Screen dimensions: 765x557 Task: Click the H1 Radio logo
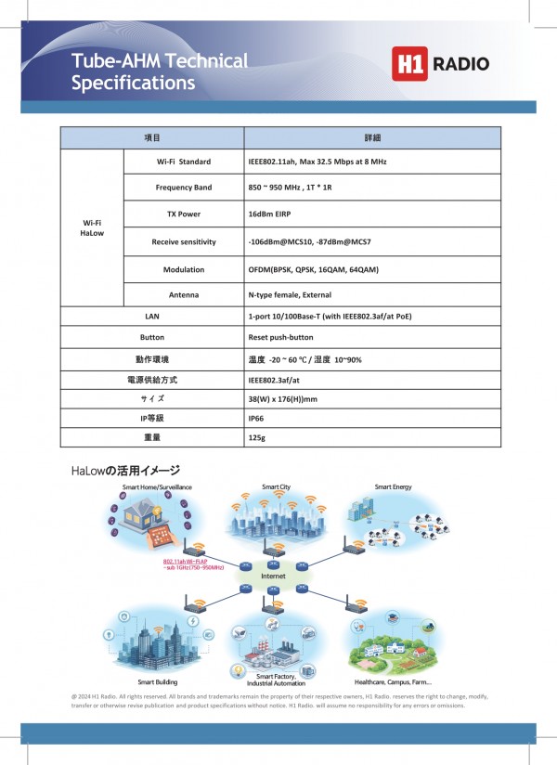(441, 64)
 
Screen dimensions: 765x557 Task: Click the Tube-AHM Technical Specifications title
(160, 71)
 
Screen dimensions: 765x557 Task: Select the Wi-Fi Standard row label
(183, 162)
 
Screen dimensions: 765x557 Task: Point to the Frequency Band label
(183, 188)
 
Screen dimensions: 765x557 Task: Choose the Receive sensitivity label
(183, 241)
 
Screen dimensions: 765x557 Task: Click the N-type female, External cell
(290, 295)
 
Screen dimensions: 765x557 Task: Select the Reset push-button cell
(280, 337)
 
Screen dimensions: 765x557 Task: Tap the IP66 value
(257, 419)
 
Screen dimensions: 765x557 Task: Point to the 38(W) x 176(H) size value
(283, 398)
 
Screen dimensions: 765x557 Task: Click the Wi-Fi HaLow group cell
(92, 228)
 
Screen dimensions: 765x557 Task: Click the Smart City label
(276, 486)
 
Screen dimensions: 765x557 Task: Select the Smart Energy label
(393, 486)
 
